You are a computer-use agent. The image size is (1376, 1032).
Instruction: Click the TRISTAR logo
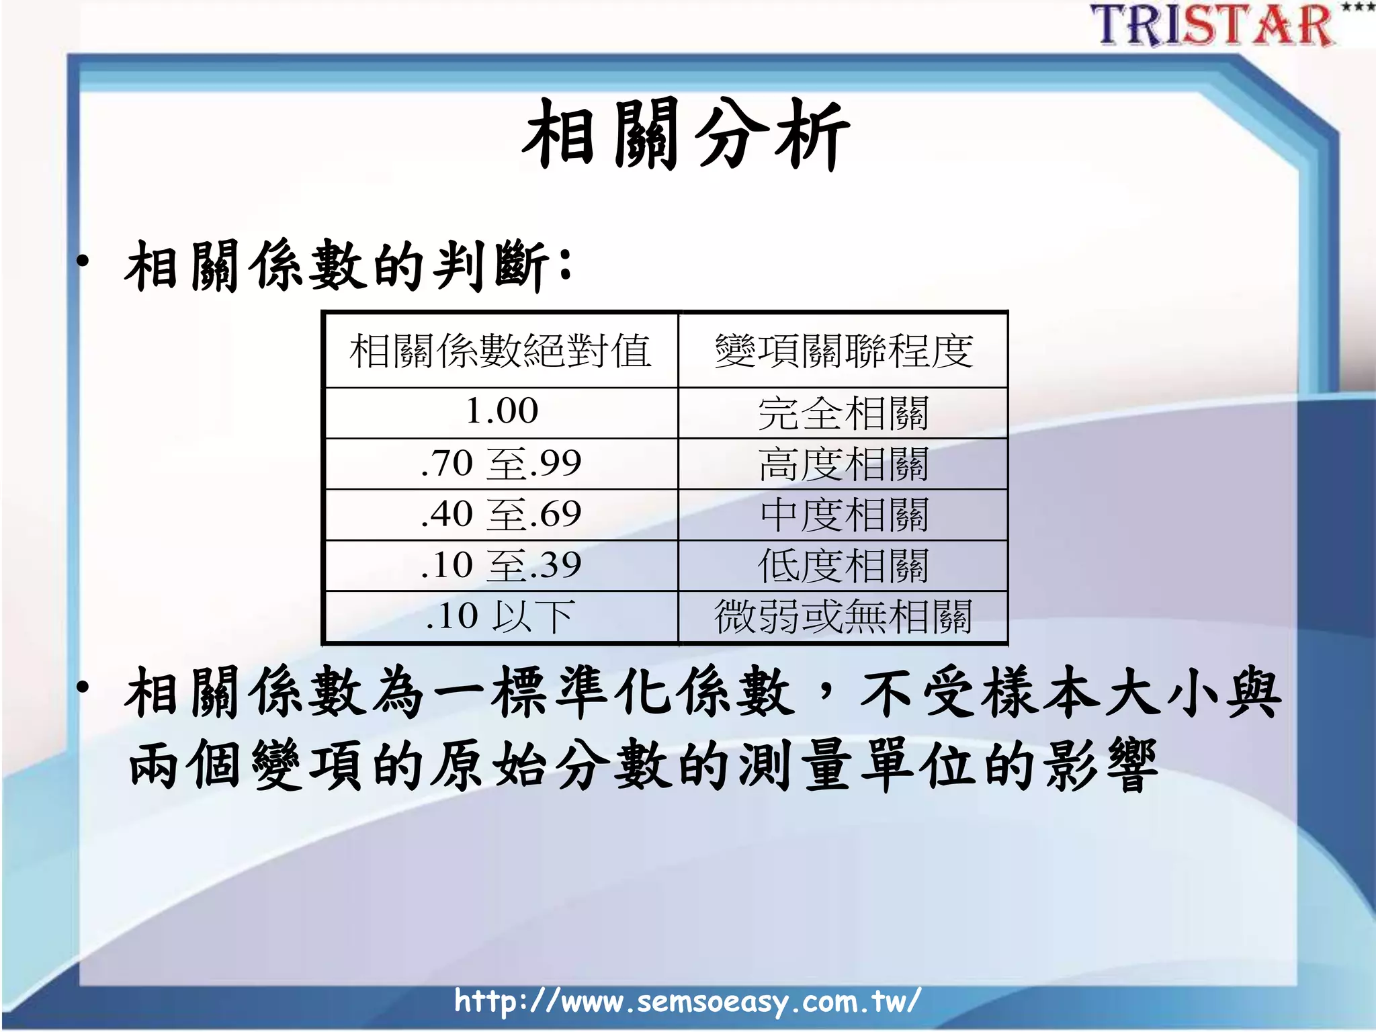1213,26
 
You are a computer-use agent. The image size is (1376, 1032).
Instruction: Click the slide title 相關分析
685,134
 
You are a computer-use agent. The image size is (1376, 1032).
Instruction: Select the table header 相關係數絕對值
501,351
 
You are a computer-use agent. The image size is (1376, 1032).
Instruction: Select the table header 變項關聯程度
843,351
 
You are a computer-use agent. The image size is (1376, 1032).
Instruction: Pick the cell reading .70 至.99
501,464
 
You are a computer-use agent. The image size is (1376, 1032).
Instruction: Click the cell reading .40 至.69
501,515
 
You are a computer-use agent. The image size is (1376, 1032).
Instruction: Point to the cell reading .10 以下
501,616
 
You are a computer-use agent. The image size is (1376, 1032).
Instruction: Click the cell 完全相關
843,413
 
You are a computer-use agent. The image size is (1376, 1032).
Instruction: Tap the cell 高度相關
843,464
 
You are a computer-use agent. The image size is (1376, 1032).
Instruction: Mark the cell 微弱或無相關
843,617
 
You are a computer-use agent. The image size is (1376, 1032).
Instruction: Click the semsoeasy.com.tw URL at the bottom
687,1001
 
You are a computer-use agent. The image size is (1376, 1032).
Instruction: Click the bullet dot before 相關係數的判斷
83,262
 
